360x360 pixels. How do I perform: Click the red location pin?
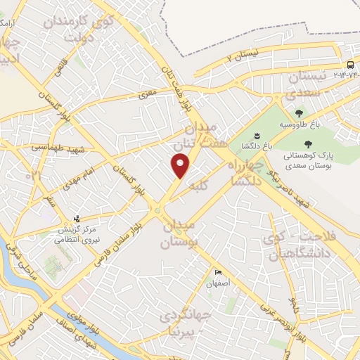[181, 165]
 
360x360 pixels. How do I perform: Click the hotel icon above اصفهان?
[219, 273]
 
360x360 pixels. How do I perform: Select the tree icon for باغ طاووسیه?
[300, 113]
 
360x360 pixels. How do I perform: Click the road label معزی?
[148, 92]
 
